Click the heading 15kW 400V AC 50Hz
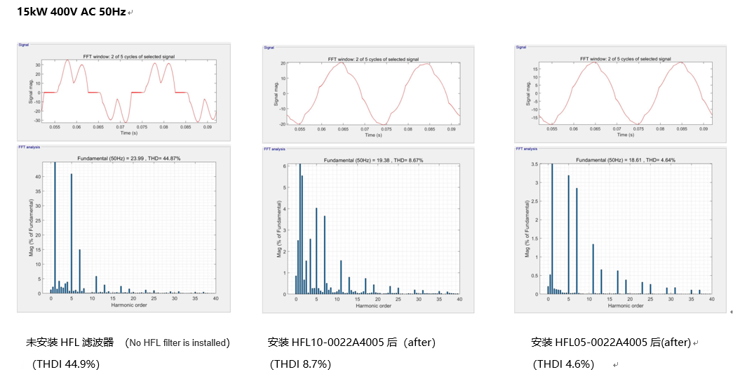coord(71,12)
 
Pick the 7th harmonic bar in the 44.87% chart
coord(80,271)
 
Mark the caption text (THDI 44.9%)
coord(66,364)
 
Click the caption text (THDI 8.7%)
coord(300,364)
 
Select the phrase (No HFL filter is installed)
coord(178,343)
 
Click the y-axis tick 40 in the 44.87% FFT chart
coord(39,176)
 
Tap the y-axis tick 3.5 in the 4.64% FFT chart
coord(535,164)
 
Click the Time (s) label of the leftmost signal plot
coord(128,133)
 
